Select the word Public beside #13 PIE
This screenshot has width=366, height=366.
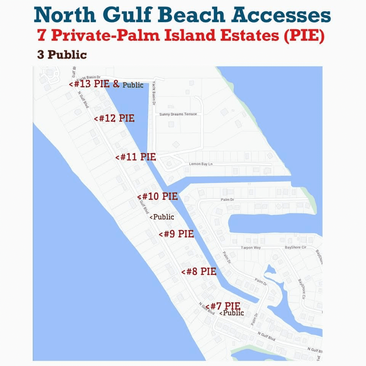click(x=133, y=85)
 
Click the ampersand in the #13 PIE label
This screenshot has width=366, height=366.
click(x=116, y=84)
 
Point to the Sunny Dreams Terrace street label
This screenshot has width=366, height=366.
click(x=178, y=114)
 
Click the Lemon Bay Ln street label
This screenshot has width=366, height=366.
click(x=201, y=164)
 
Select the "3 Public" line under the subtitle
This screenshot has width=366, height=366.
click(x=62, y=55)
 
